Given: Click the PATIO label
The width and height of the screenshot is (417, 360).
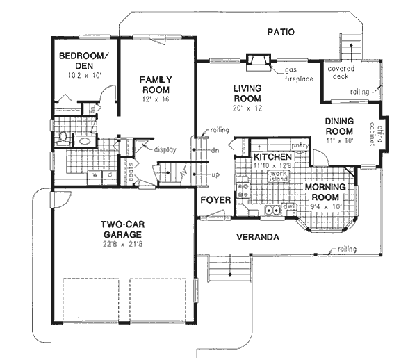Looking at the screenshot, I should coord(281,32).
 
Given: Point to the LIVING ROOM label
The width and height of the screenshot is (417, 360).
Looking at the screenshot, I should coord(247,93).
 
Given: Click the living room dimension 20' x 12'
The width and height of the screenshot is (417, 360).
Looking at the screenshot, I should coord(247,108).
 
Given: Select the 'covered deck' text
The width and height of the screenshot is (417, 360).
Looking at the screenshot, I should coord(341,73).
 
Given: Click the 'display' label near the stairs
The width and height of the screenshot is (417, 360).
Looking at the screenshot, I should coord(165,149).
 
